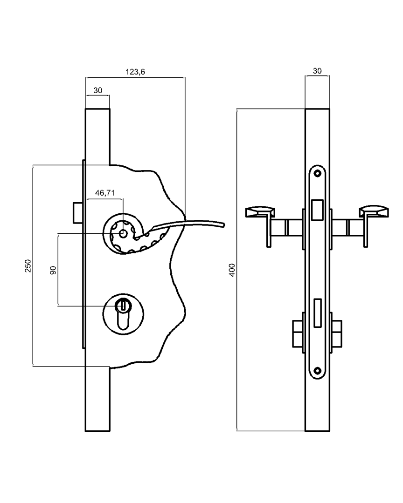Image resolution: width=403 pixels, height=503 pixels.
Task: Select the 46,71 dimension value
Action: tap(105, 193)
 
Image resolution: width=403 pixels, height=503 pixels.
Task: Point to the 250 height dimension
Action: tap(28, 265)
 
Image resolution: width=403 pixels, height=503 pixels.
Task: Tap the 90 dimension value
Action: tap(53, 270)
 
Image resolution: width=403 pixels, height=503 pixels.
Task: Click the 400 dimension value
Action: tap(232, 270)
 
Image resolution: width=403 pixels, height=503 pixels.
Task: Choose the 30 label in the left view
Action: tap(97, 90)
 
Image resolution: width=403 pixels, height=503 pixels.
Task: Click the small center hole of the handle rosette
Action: tap(123, 233)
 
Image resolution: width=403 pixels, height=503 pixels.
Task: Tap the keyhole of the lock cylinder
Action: tap(123, 306)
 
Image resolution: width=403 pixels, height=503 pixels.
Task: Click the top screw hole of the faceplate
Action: tap(318, 173)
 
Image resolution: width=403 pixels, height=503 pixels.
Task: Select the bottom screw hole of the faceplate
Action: tap(318, 371)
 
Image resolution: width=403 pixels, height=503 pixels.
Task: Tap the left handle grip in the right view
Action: tap(259, 212)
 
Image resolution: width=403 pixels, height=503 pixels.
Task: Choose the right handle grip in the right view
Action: tap(374, 212)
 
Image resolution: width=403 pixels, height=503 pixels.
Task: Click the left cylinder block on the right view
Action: tap(298, 333)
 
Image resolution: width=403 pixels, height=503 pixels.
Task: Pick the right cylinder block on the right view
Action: tap(337, 333)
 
